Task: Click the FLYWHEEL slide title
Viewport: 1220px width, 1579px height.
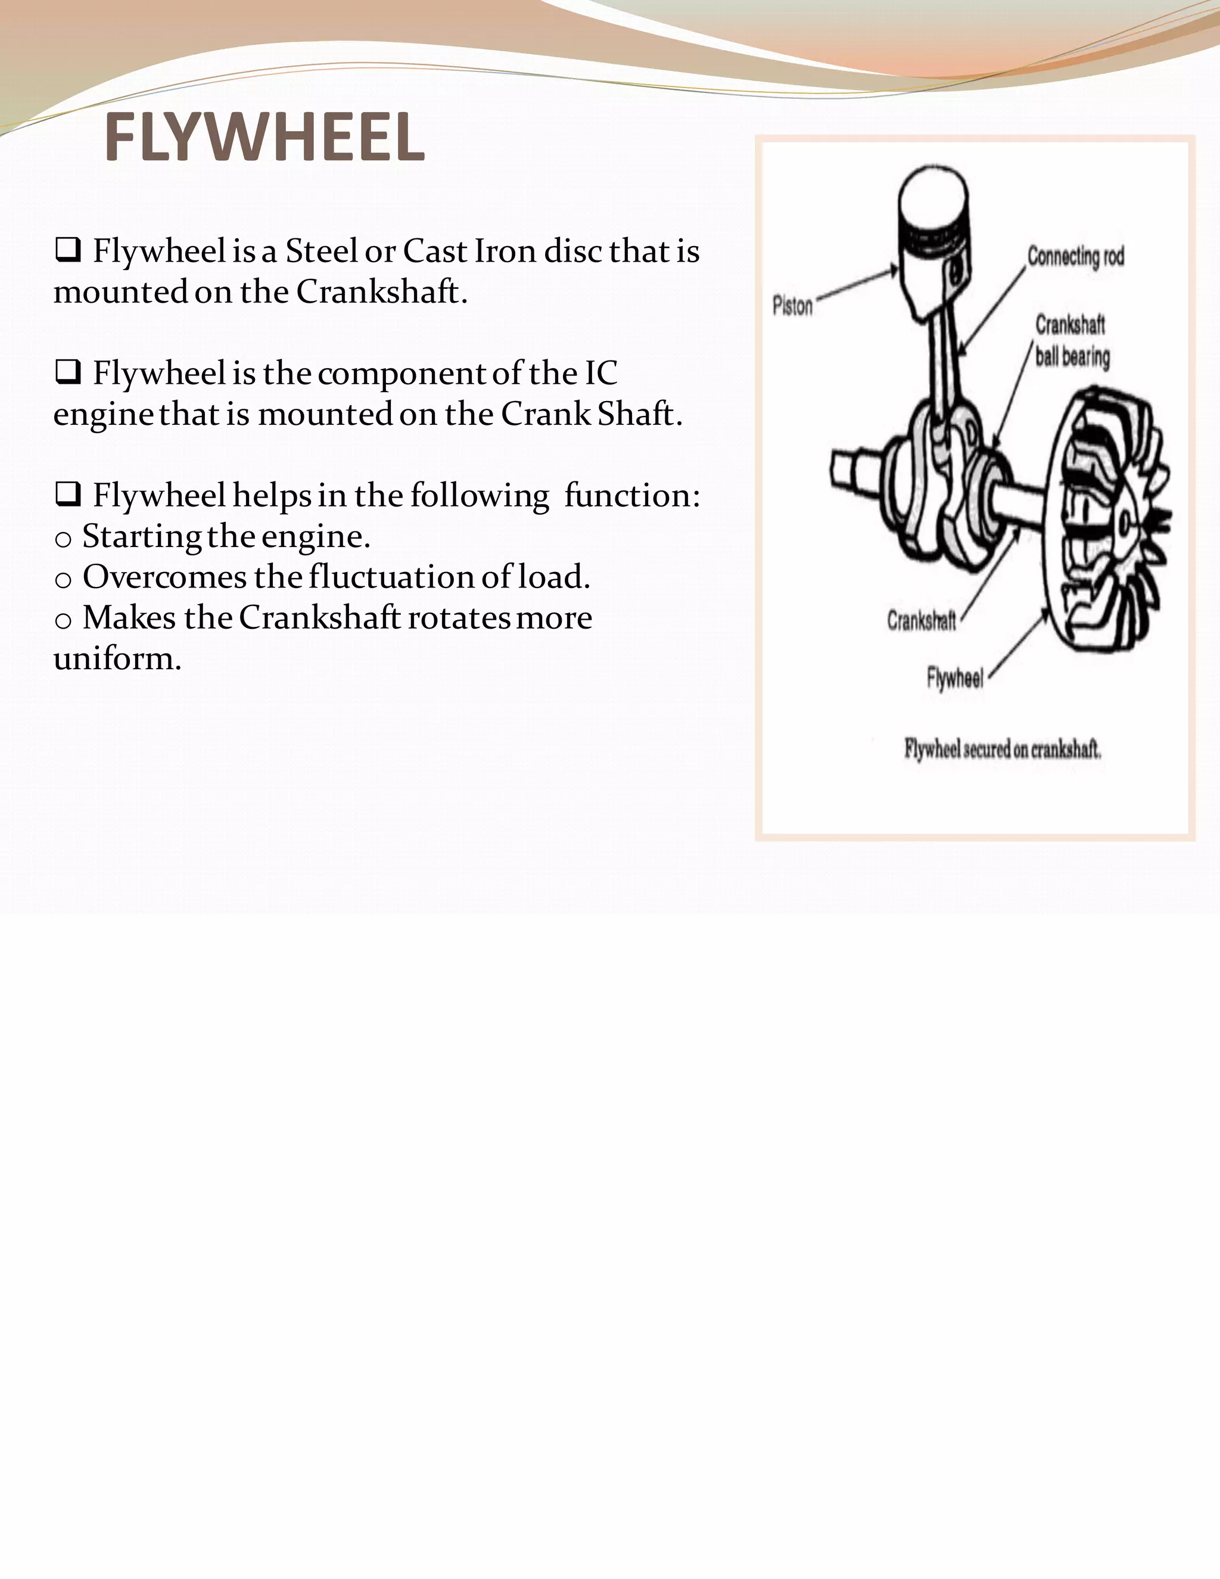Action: pyautogui.click(x=264, y=138)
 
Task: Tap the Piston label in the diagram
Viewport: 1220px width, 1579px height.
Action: pyautogui.click(x=792, y=306)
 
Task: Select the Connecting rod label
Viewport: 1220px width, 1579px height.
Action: pyautogui.click(x=1075, y=257)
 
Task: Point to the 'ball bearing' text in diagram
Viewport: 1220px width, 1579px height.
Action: pyautogui.click(x=1072, y=357)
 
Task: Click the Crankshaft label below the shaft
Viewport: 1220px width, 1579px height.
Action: pyautogui.click(x=922, y=620)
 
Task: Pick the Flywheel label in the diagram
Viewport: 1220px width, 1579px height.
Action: pyautogui.click(x=955, y=678)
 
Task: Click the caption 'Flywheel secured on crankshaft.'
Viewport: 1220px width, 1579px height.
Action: pyautogui.click(x=1003, y=750)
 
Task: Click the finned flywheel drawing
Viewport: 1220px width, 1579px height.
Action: pyautogui.click(x=1106, y=521)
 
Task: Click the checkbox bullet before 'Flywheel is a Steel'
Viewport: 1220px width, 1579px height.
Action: pyautogui.click(x=67, y=250)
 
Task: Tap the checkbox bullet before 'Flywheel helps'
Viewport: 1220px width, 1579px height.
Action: pyautogui.click(x=67, y=495)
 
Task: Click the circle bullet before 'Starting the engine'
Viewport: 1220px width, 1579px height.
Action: pyautogui.click(x=63, y=539)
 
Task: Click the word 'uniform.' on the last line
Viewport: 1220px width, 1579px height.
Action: pyautogui.click(x=117, y=658)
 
